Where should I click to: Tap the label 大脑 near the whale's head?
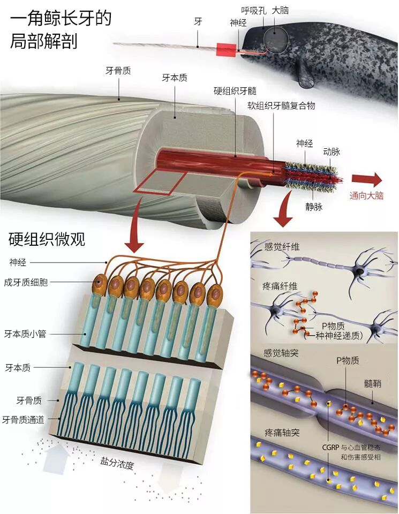tap(281, 10)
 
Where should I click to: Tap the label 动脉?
tap(332, 152)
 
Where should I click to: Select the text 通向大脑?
tap(367, 195)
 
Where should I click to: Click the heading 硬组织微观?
tap(47, 239)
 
